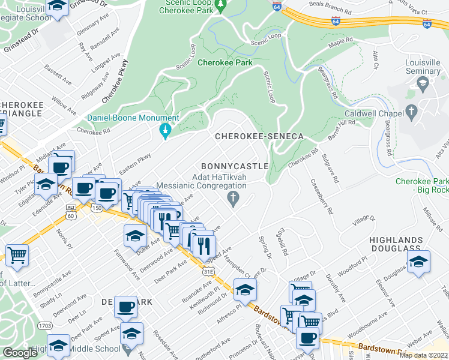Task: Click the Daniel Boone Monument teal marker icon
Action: coord(166,131)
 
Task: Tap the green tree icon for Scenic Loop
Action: coord(221,5)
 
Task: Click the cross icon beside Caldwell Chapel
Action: coord(411,112)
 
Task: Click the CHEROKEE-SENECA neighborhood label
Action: coord(259,136)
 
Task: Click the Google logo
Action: coord(20,353)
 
